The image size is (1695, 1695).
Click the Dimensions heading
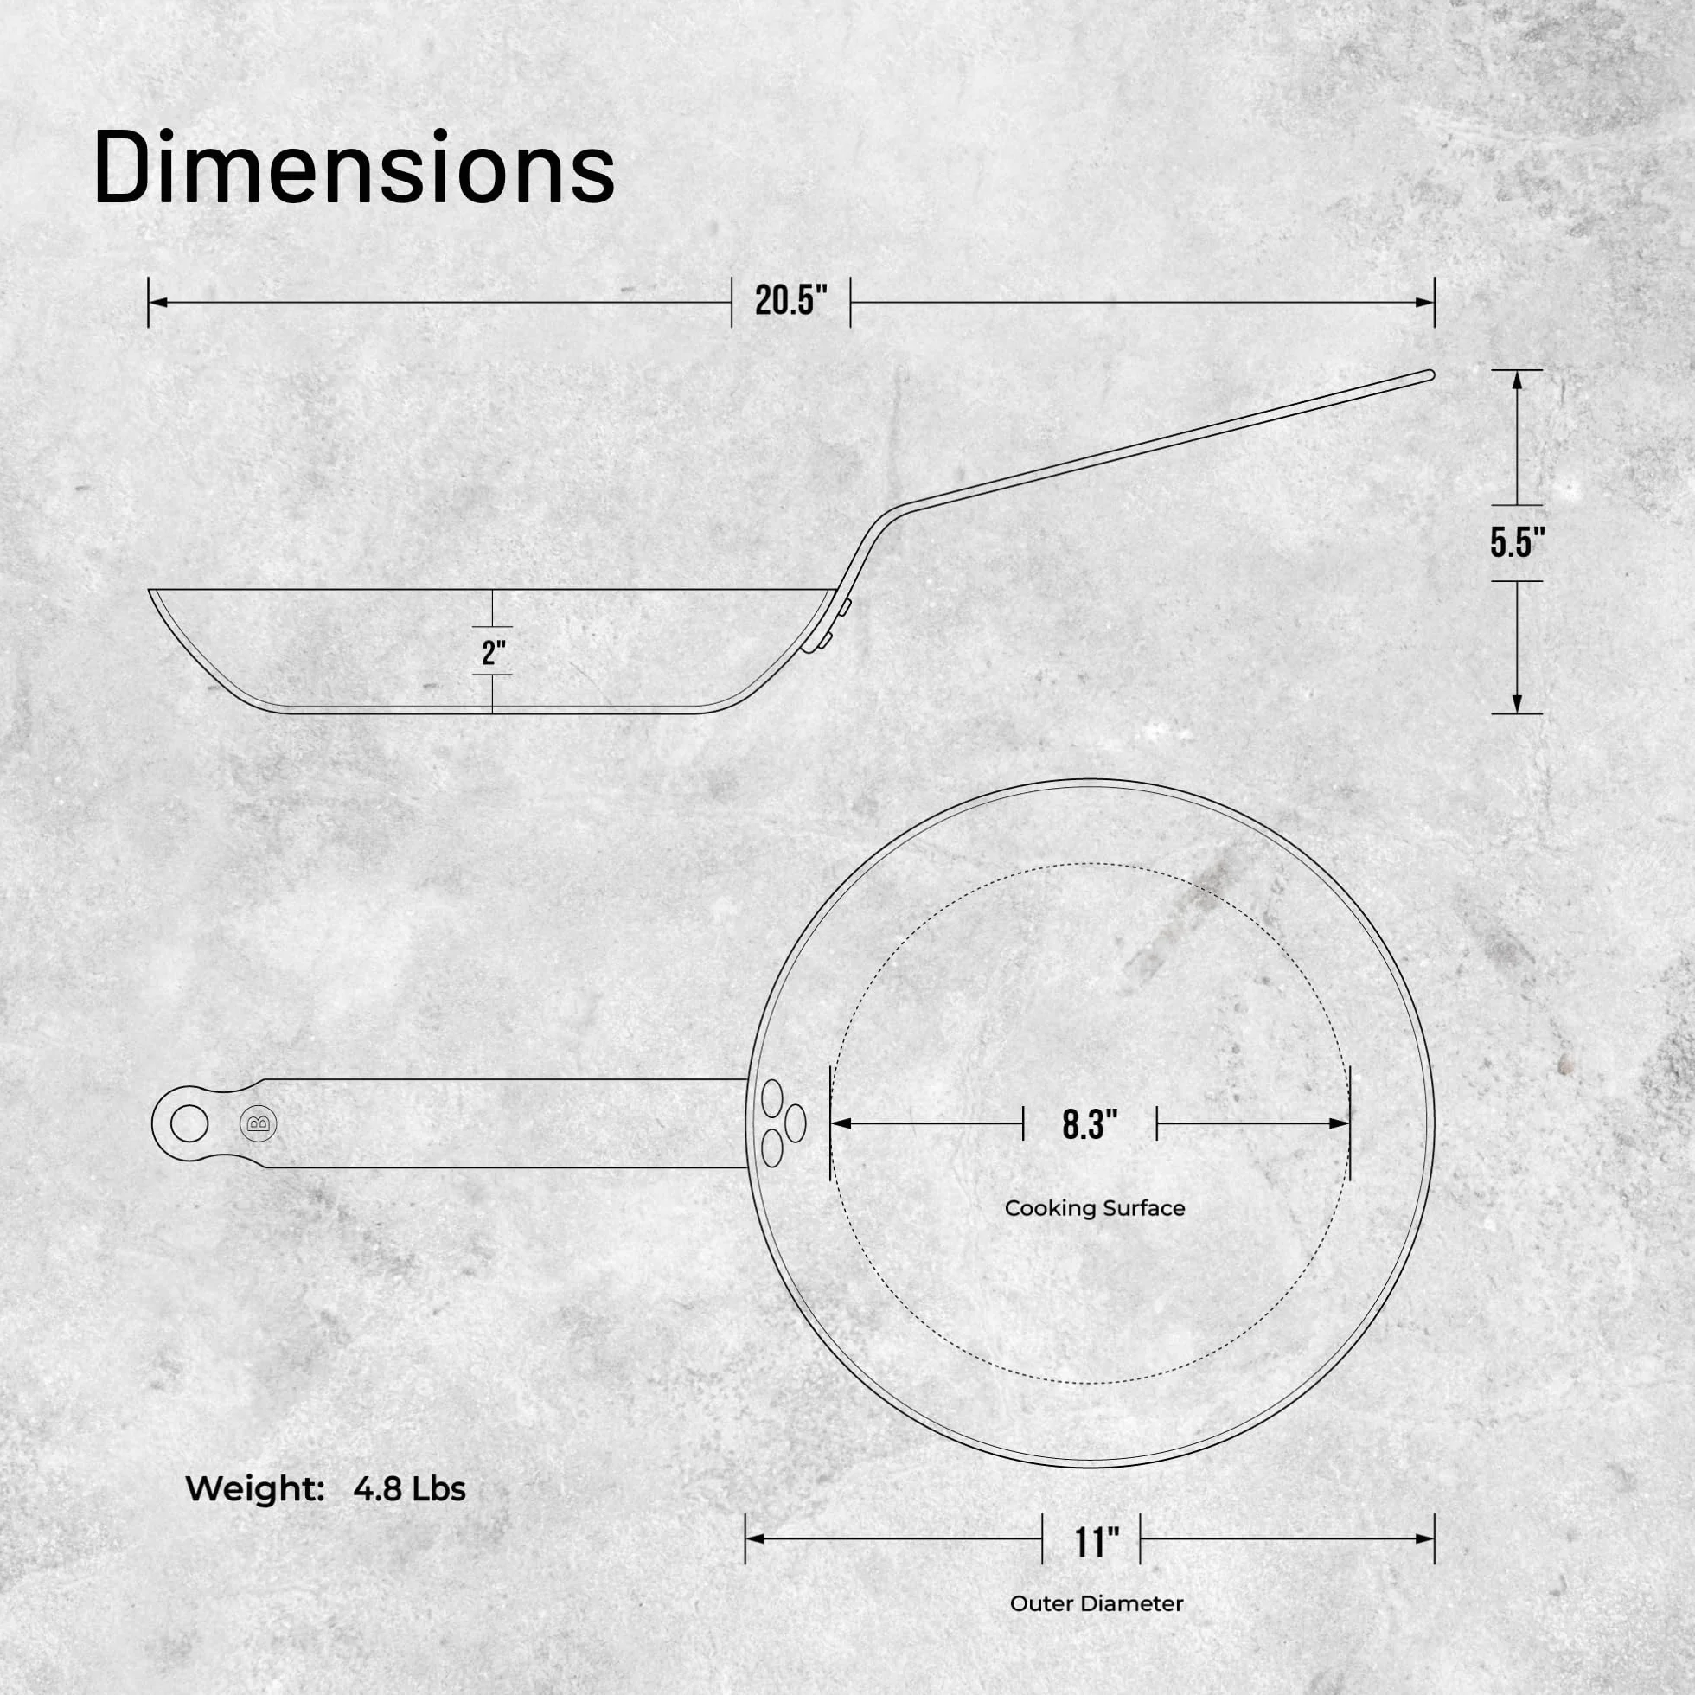pos(354,168)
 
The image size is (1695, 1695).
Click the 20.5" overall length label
pos(791,301)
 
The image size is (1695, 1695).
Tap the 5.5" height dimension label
pos(1517,543)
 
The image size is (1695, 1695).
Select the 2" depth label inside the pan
pos(495,652)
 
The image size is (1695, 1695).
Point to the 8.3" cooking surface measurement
pos(1090,1124)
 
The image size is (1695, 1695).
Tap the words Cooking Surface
pos(1095,1208)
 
